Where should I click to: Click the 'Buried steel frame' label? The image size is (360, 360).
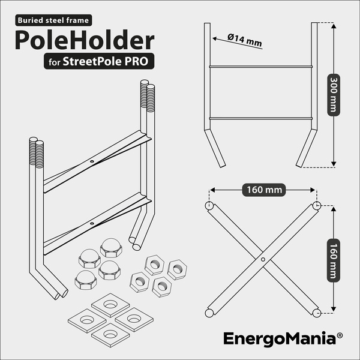pyautogui.click(x=53, y=20)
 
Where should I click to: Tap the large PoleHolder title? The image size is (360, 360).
pyautogui.click(x=85, y=40)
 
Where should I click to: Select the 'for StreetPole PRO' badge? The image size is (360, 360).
pyautogui.click(x=99, y=61)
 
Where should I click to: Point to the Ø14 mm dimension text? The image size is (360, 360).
pyautogui.click(x=245, y=40)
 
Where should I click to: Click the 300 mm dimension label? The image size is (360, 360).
pyautogui.click(x=334, y=95)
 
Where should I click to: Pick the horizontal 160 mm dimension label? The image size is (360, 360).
pyautogui.click(x=264, y=190)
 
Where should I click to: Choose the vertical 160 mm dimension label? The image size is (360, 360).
pyautogui.click(x=334, y=260)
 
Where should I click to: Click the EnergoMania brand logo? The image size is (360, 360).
pyautogui.click(x=280, y=338)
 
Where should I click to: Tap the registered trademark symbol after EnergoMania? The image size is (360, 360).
pyautogui.click(x=340, y=335)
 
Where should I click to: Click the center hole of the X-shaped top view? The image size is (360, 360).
pyautogui.click(x=263, y=259)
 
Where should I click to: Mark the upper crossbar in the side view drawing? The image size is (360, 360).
pyautogui.click(x=261, y=67)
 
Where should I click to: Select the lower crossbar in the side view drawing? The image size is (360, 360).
pyautogui.click(x=261, y=118)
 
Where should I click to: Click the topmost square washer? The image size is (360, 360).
pyautogui.click(x=110, y=305)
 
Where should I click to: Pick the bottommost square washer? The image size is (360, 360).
pyautogui.click(x=110, y=335)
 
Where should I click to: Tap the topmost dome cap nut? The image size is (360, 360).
pyautogui.click(x=111, y=247)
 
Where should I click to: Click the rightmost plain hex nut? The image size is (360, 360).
pyautogui.click(x=177, y=269)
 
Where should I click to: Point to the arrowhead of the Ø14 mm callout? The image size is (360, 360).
pyautogui.click(x=214, y=38)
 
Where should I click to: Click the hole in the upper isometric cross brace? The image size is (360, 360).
pyautogui.click(x=92, y=161)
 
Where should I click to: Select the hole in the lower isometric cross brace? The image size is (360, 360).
pyautogui.click(x=92, y=223)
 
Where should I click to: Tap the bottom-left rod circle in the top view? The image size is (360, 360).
pyautogui.click(x=209, y=313)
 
